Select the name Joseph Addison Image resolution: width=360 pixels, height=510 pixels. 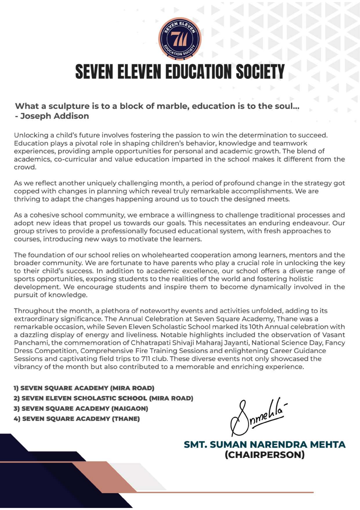(55, 116)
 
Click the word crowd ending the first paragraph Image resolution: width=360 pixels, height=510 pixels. (25, 167)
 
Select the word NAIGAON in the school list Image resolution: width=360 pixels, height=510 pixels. (129, 409)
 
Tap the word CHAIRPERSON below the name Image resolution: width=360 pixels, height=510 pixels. (264, 455)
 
